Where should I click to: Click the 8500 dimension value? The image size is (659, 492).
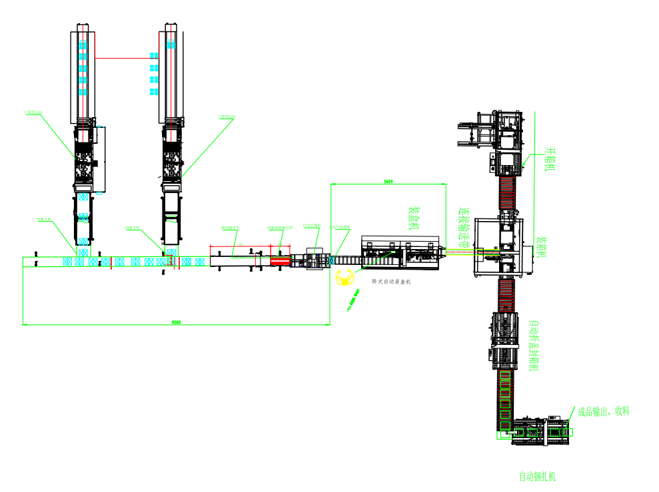click(x=176, y=322)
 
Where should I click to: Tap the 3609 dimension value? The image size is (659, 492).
click(x=388, y=181)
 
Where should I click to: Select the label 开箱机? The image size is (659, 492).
click(x=550, y=158)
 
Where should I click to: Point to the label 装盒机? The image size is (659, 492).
click(x=414, y=218)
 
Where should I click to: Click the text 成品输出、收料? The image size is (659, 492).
click(x=603, y=411)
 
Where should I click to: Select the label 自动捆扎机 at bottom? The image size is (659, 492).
click(x=537, y=477)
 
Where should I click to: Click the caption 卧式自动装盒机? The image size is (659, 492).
click(x=391, y=282)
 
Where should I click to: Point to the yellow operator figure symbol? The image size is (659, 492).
click(x=344, y=278)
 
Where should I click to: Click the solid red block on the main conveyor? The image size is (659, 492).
click(x=281, y=260)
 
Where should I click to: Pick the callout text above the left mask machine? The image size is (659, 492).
click(x=33, y=113)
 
